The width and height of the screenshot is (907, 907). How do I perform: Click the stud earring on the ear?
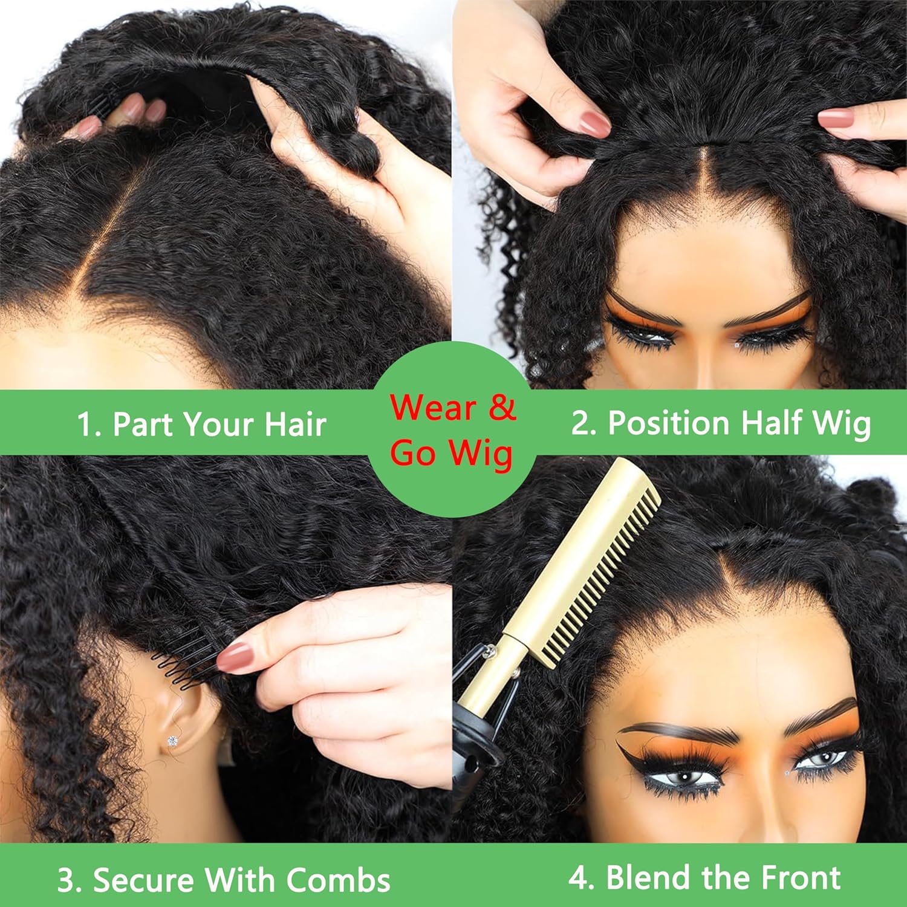[173, 740]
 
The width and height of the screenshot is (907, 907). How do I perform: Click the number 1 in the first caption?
[85, 424]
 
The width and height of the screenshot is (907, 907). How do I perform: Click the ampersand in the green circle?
[502, 407]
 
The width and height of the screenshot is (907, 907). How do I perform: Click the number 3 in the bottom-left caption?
[67, 880]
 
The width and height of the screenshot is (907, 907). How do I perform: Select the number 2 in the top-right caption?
[581, 423]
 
